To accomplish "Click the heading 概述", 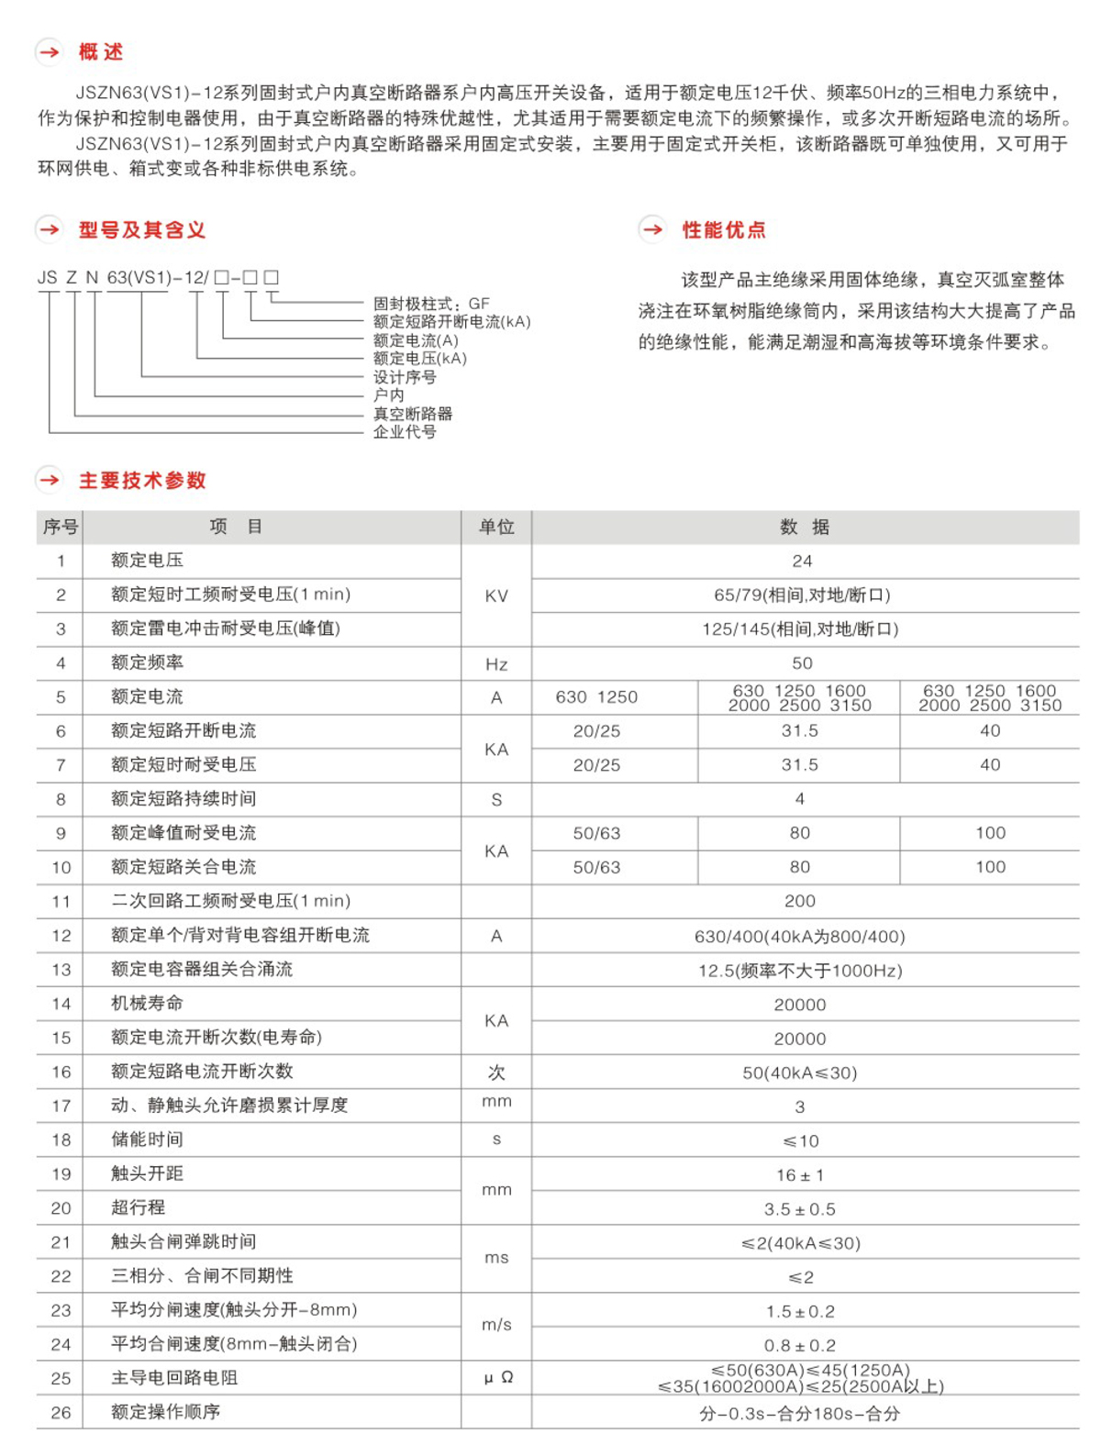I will (x=100, y=52).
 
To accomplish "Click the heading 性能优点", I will (x=723, y=229).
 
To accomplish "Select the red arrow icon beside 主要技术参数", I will (x=50, y=479).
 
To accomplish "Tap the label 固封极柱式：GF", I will (x=430, y=304).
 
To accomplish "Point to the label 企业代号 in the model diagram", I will (x=404, y=431).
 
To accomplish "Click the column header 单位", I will (x=496, y=527).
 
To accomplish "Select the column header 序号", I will (x=60, y=527).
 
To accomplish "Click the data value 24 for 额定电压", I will (x=802, y=561).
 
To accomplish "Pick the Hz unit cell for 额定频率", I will (x=496, y=663).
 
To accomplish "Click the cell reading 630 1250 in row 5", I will (x=596, y=697).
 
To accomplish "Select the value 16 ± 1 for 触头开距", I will (x=800, y=1175).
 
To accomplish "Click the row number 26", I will (x=61, y=1413).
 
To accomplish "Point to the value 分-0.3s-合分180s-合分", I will (x=800, y=1414).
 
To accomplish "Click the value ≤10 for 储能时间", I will (x=800, y=1141).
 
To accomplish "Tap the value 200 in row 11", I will (x=800, y=902).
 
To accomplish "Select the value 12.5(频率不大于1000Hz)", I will (x=800, y=971).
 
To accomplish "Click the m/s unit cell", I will (x=496, y=1326).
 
